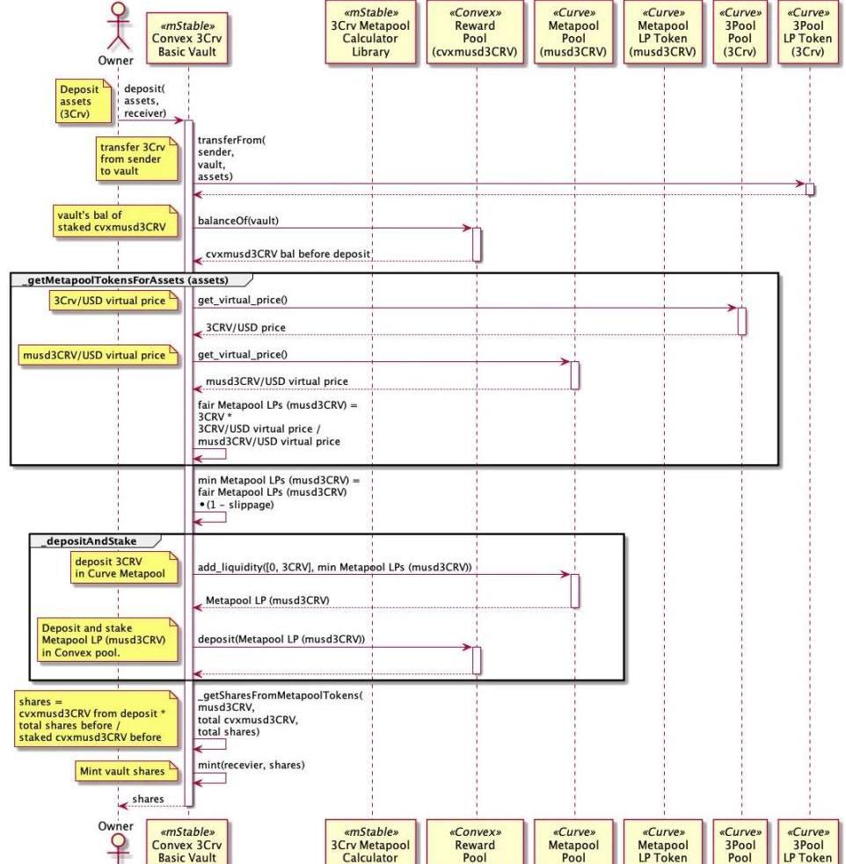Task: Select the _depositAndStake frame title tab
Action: click(x=88, y=541)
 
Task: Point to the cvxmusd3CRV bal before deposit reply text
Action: click(x=288, y=254)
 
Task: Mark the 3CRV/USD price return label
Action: click(x=245, y=328)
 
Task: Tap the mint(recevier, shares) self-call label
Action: click(x=251, y=764)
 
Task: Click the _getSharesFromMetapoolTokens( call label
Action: click(x=280, y=694)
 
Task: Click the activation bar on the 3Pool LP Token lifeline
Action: click(x=810, y=190)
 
